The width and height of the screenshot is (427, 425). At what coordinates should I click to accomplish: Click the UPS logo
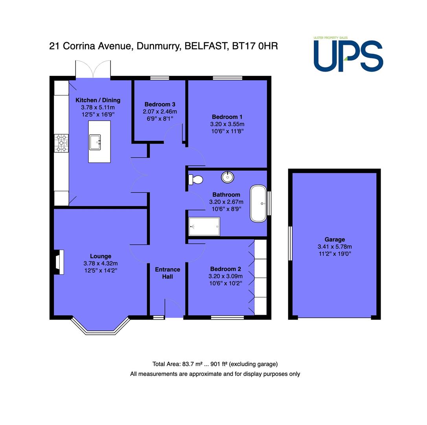[348, 54]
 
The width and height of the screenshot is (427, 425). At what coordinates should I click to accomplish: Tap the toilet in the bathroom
[196, 180]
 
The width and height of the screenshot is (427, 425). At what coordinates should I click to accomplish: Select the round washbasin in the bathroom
[227, 177]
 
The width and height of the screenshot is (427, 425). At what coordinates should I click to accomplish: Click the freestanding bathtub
[258, 203]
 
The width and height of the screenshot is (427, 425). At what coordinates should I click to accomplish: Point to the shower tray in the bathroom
[204, 226]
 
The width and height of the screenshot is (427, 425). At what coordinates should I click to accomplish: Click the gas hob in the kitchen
[61, 143]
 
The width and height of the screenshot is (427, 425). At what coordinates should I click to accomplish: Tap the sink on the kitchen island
[95, 142]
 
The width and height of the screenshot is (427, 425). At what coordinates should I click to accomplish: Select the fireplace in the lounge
[59, 262]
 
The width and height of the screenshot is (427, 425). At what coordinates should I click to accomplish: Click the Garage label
[335, 239]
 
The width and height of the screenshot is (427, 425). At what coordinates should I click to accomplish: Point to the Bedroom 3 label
[160, 104]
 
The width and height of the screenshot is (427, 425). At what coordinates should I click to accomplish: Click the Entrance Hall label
[167, 273]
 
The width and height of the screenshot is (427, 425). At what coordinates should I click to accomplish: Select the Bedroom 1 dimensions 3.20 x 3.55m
[227, 124]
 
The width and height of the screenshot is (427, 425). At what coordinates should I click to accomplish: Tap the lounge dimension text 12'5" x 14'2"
[101, 270]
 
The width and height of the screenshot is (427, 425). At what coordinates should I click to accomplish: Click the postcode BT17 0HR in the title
[255, 46]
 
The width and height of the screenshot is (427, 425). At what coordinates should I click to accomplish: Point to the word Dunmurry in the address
[159, 46]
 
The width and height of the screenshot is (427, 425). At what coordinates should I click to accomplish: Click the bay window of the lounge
[101, 326]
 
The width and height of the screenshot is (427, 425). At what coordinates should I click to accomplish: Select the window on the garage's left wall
[290, 243]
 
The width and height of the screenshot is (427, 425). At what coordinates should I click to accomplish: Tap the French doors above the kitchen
[93, 69]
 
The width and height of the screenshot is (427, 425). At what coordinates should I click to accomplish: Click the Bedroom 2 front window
[227, 317]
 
